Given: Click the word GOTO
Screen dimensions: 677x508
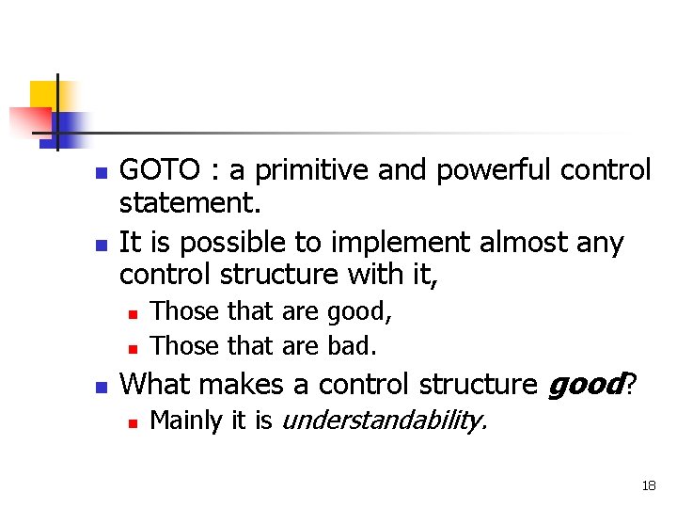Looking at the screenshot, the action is click(x=159, y=169).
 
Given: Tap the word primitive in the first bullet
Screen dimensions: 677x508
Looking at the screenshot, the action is click(x=311, y=170).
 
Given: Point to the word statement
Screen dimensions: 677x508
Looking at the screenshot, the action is click(x=190, y=202).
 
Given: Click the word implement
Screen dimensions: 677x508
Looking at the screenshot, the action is click(x=401, y=243).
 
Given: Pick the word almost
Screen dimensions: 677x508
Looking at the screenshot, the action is click(x=524, y=242).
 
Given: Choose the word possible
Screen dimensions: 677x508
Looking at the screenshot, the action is click(x=232, y=243).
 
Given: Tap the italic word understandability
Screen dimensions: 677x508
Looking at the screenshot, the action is click(x=385, y=421).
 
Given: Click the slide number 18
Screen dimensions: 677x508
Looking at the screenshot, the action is click(x=649, y=485).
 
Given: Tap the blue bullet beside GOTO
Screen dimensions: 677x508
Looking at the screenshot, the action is click(x=102, y=173).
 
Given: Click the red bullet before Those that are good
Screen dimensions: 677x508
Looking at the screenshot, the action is click(x=133, y=314).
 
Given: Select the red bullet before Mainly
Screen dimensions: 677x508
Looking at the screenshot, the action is click(x=133, y=423).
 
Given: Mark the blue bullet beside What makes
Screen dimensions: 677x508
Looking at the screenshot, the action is click(x=102, y=387).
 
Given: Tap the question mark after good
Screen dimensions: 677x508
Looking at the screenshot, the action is click(x=630, y=384).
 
